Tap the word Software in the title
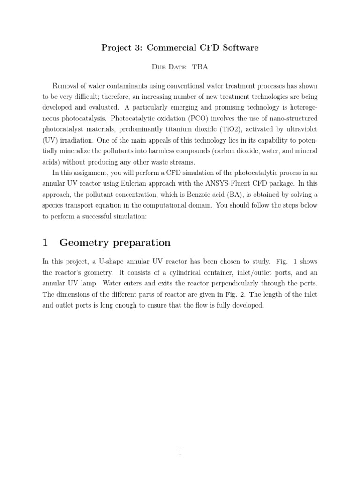click(238, 48)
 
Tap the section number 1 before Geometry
click(45, 242)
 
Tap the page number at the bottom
click(180, 452)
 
